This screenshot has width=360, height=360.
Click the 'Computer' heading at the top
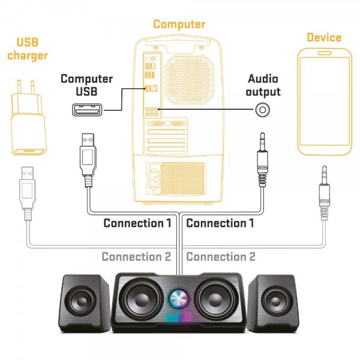tap(179, 25)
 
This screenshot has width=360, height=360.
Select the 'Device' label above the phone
tap(323, 37)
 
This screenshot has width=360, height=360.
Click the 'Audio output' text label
tap(263, 85)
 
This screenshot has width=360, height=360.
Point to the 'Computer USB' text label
tap(86, 85)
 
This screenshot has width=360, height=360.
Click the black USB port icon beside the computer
tap(87, 110)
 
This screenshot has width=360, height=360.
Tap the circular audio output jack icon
tap(262, 110)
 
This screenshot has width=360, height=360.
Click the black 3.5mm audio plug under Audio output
tap(262, 159)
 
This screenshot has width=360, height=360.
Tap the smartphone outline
tap(323, 102)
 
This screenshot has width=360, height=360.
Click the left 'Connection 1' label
tap(137, 223)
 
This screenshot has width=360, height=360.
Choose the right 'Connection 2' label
tap(221, 257)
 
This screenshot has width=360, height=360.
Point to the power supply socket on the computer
tap(153, 178)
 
